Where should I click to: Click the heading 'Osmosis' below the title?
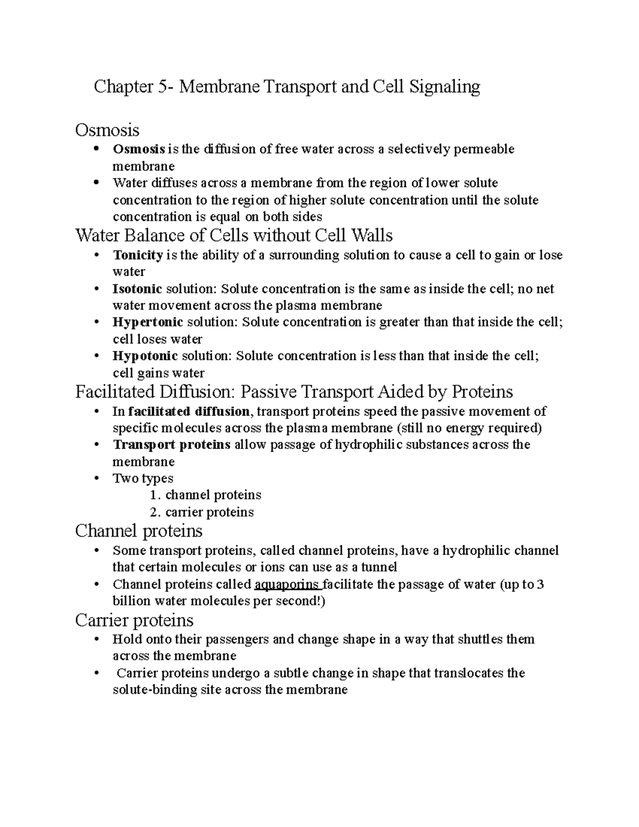(x=107, y=130)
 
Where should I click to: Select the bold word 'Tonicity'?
(x=137, y=255)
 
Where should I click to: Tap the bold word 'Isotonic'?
(x=137, y=289)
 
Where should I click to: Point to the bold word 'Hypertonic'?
(x=148, y=322)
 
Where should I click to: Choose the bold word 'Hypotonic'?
(x=145, y=356)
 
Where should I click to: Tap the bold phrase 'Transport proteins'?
(x=171, y=445)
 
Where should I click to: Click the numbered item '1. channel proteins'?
(x=206, y=495)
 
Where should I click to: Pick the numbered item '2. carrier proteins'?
(x=202, y=512)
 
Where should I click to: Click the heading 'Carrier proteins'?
(x=134, y=620)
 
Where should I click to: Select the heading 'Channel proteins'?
(x=139, y=531)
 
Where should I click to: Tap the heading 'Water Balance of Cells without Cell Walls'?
(x=234, y=235)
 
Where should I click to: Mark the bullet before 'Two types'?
(x=96, y=478)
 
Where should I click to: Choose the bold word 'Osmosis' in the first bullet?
(x=138, y=149)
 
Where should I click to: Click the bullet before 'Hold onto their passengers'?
(x=96, y=640)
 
